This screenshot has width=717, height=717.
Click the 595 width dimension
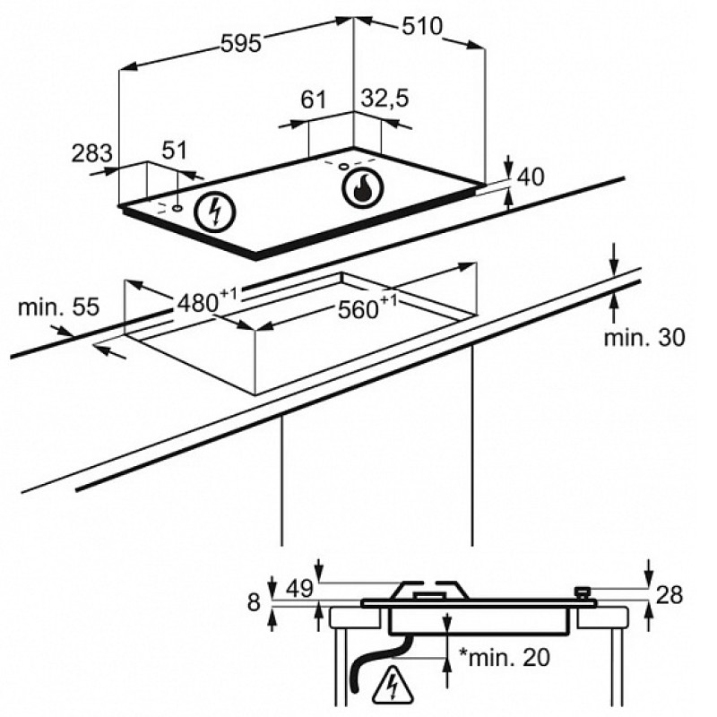point(241,44)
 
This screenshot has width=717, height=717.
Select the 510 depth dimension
point(422,26)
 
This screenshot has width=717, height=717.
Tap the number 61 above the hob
point(314,99)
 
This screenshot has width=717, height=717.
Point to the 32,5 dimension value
point(384,99)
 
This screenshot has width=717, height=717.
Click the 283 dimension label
point(91,153)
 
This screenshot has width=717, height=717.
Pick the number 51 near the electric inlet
point(175,151)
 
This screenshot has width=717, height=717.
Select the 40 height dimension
point(531,177)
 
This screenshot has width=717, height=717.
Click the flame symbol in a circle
point(364,188)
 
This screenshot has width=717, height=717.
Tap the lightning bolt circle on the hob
point(215,212)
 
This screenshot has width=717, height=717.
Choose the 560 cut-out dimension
point(367,307)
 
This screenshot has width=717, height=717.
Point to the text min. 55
point(58,307)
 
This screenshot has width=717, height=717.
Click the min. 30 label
point(644,338)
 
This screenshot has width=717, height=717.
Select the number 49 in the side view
point(299,589)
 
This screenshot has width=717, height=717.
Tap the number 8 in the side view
point(254,602)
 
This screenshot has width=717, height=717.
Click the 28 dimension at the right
point(669,595)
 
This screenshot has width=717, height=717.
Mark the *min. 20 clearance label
point(505,658)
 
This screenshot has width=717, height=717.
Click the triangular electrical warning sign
point(393,687)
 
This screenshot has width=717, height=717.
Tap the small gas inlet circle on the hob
point(343,167)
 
